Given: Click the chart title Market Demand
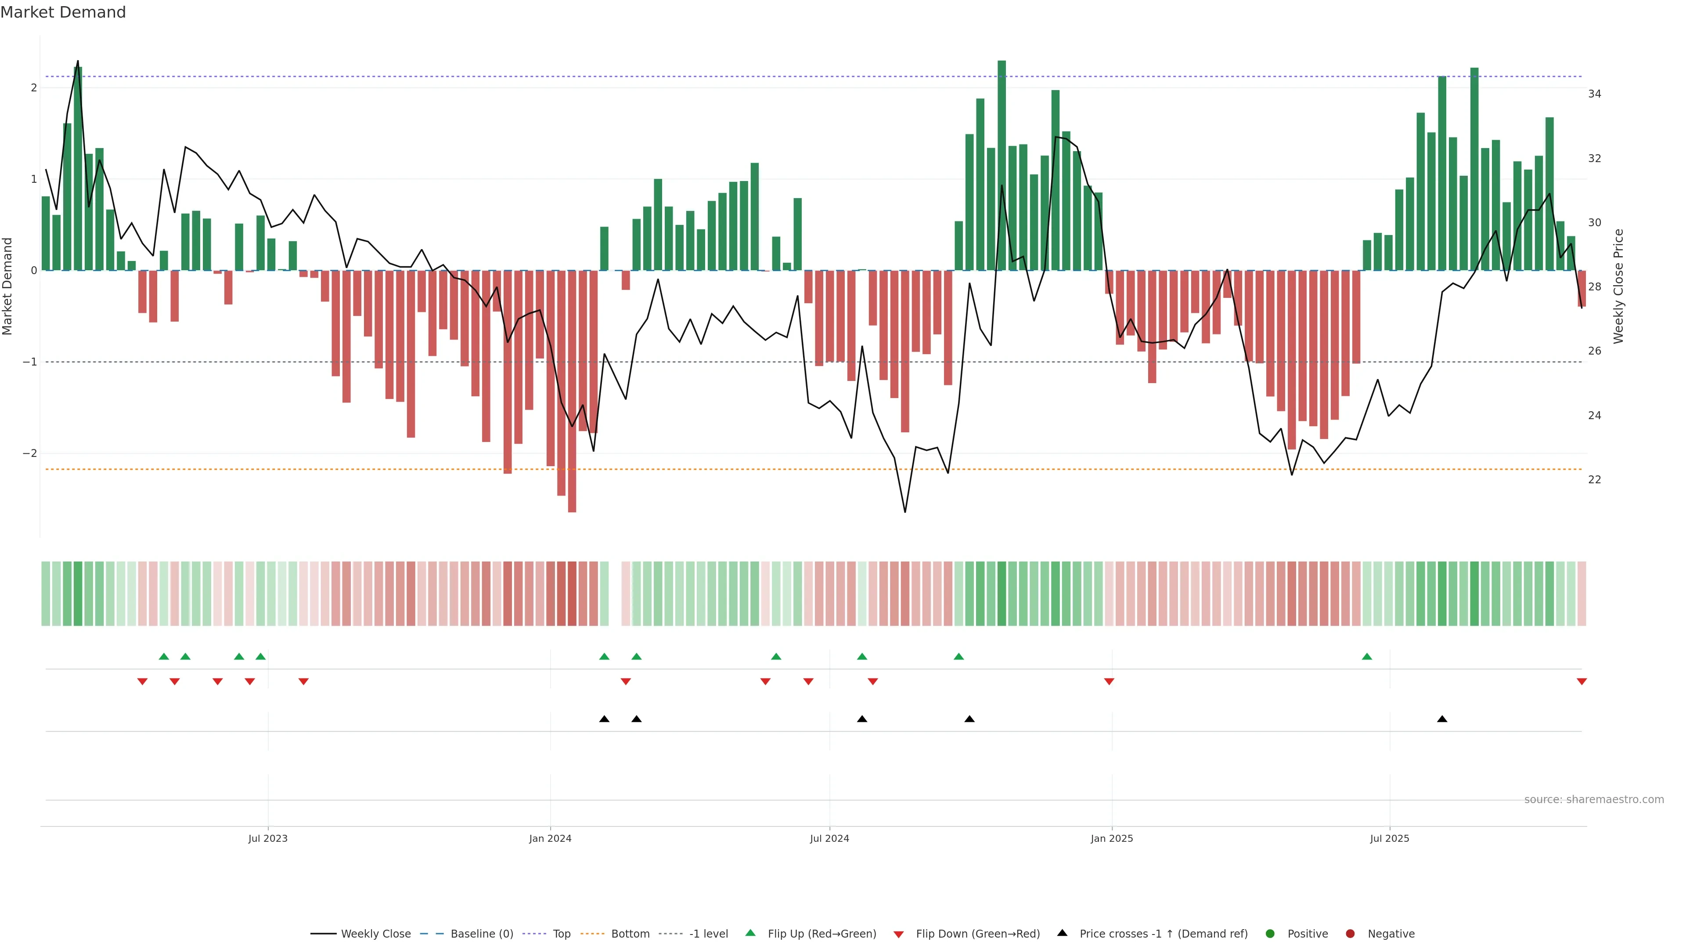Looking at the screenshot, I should [63, 12].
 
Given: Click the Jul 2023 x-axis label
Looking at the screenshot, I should [268, 838].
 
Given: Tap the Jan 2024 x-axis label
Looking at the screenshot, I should [550, 838].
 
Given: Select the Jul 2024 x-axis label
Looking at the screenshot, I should [829, 838].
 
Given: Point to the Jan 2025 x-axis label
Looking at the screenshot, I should [1111, 838].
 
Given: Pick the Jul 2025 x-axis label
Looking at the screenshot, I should [1390, 838].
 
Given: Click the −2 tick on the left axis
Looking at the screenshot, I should [29, 453].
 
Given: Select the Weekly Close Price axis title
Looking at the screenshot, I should [1618, 286].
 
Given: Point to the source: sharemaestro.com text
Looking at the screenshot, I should [1594, 800].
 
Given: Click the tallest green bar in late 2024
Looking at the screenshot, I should [1002, 164].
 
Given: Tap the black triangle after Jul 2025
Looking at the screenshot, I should [1442, 719].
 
